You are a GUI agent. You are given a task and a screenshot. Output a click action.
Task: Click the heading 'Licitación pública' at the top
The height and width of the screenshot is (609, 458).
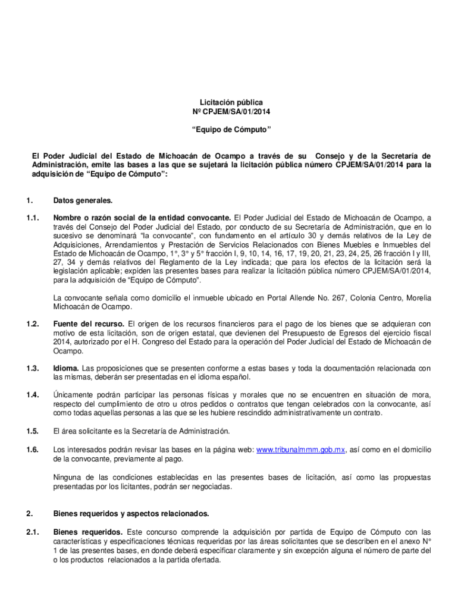click(x=231, y=102)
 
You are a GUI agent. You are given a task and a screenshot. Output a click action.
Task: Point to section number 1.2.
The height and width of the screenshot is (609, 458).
click(x=33, y=324)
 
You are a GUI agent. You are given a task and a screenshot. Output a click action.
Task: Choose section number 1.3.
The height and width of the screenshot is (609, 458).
click(x=33, y=369)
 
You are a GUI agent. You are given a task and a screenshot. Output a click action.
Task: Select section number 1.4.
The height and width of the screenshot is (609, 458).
click(x=33, y=395)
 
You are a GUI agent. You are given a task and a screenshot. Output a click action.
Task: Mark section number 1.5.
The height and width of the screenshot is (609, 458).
click(x=33, y=431)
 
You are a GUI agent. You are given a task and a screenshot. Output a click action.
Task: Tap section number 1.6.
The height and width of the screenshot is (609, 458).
click(x=33, y=450)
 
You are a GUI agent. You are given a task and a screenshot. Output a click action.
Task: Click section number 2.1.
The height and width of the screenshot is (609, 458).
click(x=33, y=531)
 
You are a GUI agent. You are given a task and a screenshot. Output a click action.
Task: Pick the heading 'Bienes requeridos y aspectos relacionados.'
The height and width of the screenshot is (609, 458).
click(x=131, y=513)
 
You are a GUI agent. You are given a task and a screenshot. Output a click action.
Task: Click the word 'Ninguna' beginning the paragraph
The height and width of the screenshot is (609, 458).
click(x=68, y=478)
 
